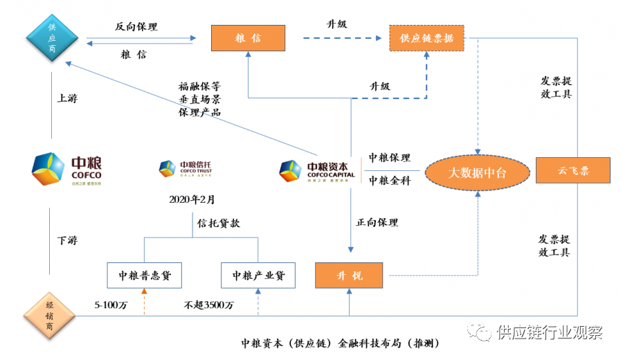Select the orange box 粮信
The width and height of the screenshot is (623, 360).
(248, 38)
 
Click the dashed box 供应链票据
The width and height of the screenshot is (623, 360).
(426, 38)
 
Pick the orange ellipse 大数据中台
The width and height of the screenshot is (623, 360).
(477, 172)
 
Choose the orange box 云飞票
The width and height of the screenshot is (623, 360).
(573, 170)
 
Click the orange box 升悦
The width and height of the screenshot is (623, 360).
(349, 276)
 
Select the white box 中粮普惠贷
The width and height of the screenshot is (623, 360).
(144, 276)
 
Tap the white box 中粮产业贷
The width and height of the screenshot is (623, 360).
(258, 276)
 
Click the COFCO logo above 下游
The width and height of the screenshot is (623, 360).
(66, 170)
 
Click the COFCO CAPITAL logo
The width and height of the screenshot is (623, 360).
(318, 170)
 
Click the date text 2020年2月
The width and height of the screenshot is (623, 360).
(192, 199)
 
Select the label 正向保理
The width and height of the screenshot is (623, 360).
(377, 223)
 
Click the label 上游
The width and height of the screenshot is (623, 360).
(67, 98)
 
